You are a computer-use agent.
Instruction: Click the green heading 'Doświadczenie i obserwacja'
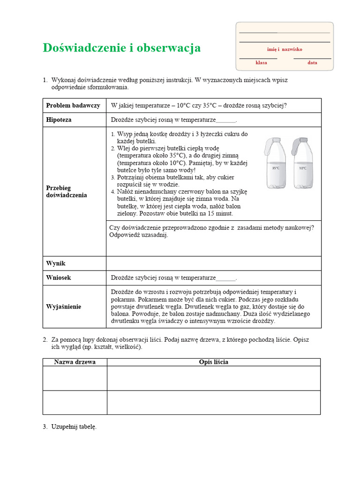point(121,48)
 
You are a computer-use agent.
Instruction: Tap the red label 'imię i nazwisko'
point(285,49)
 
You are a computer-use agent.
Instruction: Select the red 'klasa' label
point(261,63)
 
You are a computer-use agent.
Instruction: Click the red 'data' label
point(312,63)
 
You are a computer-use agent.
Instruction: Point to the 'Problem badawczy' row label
point(73,105)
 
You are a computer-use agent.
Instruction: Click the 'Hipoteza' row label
point(59,120)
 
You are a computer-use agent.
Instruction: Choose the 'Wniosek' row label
point(59,277)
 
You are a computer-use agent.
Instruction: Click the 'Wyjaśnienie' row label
point(64,307)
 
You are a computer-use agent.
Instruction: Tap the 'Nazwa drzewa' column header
point(75,362)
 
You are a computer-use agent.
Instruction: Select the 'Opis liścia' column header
point(213,362)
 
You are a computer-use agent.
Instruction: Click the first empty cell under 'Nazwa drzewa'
point(75,378)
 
